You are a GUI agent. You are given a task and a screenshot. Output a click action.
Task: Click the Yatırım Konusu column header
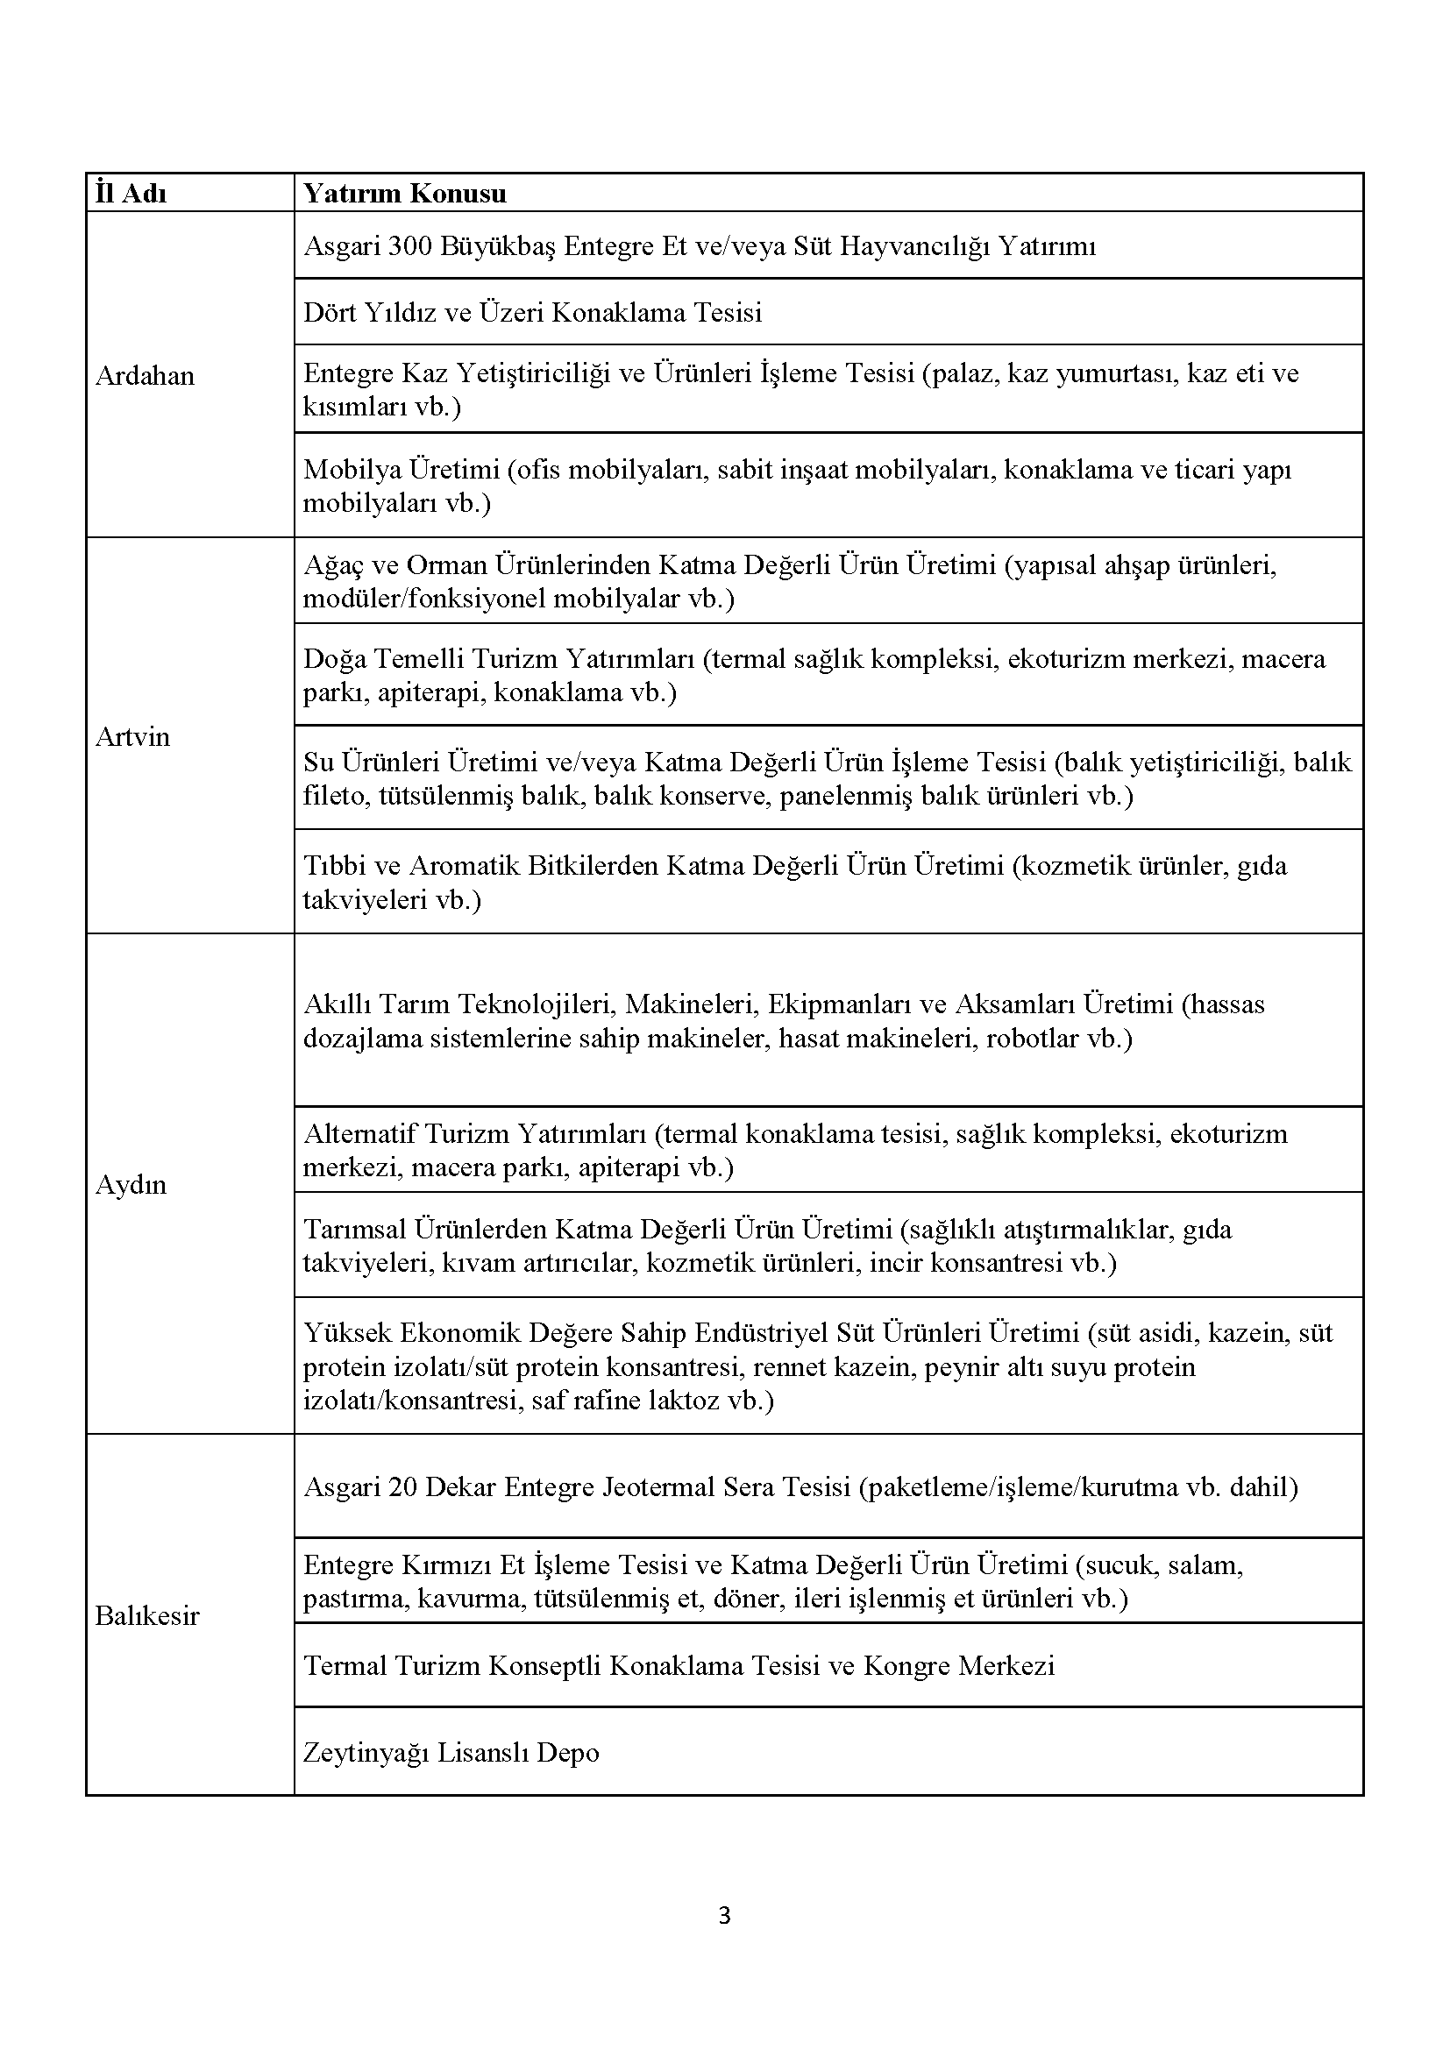(404, 194)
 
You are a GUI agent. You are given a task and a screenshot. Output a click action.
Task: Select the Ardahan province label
(145, 376)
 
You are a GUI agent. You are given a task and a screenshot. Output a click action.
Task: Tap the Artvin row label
(132, 736)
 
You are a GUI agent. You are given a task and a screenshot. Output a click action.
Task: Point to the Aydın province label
(131, 1185)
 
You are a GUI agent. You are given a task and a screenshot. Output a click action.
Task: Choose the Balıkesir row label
(146, 1615)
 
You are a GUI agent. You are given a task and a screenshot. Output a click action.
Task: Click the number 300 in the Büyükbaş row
(409, 245)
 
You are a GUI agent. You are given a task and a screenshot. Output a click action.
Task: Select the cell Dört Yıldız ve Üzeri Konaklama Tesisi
(532, 313)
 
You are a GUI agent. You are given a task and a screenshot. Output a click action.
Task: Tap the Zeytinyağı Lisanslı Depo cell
(451, 1753)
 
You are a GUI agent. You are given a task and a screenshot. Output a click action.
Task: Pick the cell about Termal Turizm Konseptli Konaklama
(679, 1665)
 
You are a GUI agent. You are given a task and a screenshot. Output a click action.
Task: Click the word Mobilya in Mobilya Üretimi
(352, 470)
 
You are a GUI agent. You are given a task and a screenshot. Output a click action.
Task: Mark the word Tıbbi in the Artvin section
(329, 865)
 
